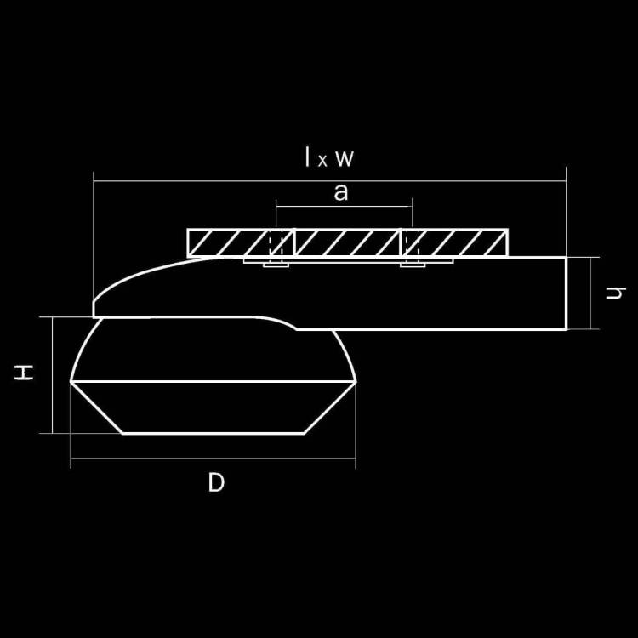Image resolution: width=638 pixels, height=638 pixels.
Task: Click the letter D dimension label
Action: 216,482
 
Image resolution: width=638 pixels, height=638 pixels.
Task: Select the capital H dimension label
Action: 24,373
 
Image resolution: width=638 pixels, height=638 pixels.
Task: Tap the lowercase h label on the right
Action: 615,293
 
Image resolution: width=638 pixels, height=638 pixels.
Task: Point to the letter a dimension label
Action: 341,192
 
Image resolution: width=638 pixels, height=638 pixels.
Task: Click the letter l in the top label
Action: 307,157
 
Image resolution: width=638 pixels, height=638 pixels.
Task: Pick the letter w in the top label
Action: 345,158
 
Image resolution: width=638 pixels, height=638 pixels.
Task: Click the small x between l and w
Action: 322,161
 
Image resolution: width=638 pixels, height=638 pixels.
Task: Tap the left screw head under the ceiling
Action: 276,265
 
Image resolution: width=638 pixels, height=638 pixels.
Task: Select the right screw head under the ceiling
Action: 413,265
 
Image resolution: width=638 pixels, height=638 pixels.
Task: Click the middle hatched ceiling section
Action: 347,243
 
